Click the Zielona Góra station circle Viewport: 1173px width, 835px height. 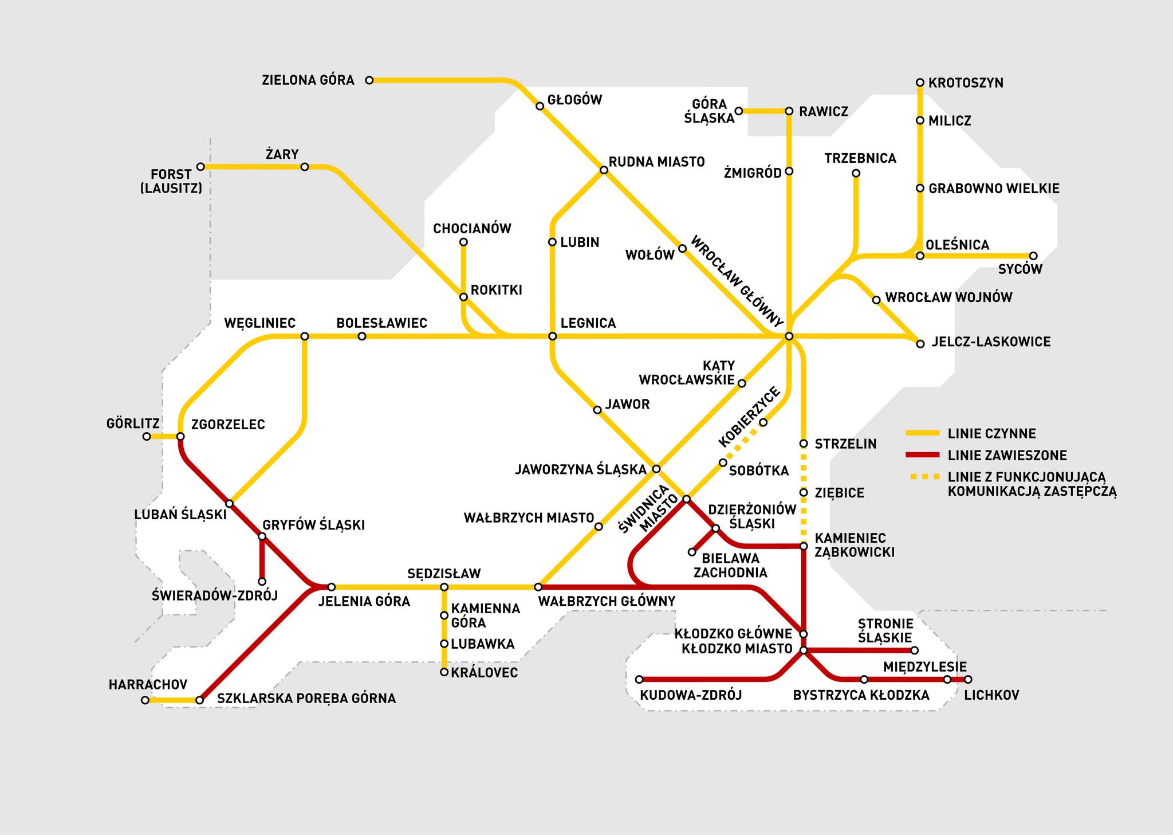coord(369,80)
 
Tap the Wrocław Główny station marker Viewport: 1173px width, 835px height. coord(789,336)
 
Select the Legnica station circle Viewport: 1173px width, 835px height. coord(552,336)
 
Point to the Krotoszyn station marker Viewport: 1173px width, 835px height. coord(920,83)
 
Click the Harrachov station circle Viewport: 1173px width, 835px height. coord(145,700)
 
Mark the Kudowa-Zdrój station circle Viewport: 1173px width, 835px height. coord(640,680)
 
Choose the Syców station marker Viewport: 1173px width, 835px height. coord(1033,256)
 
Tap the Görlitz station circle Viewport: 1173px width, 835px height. coord(147,437)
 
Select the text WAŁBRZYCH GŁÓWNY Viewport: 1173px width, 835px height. coord(607,601)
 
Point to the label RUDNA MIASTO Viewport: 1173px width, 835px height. coord(657,162)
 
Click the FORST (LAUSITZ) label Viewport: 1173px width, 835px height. coord(171,181)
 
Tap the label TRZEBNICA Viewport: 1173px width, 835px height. coord(860,158)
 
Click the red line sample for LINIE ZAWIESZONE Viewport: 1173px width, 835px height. coord(923,456)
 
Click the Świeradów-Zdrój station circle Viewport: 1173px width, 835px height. coord(262,582)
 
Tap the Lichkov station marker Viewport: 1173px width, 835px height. coord(968,680)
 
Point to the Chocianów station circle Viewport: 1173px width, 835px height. coord(463,242)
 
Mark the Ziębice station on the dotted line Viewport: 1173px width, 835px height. coord(804,492)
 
